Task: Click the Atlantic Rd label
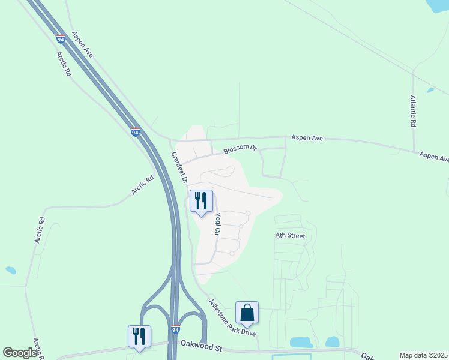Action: click(x=413, y=111)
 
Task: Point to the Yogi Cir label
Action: click(x=218, y=223)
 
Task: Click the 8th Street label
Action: click(x=291, y=236)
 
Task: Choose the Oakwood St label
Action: click(x=202, y=347)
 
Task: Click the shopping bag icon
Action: click(x=247, y=312)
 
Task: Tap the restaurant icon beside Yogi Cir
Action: click(x=201, y=200)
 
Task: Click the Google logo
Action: click(x=20, y=353)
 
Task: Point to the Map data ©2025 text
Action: click(x=423, y=355)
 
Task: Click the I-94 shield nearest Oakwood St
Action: click(x=175, y=330)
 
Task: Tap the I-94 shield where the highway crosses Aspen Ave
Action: click(x=135, y=132)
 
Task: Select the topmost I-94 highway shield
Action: click(x=61, y=38)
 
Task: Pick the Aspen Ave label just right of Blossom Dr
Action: click(x=307, y=138)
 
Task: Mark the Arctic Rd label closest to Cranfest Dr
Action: click(x=143, y=185)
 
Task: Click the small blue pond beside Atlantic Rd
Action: click(x=430, y=90)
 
